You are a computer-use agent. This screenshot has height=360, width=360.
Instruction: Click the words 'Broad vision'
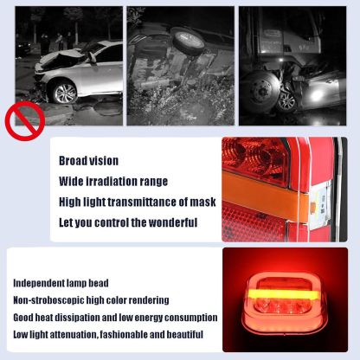pos(88,160)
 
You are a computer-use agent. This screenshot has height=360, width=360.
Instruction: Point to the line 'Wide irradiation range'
pos(112,181)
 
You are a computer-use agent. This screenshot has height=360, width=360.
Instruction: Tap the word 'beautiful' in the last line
pos(183,335)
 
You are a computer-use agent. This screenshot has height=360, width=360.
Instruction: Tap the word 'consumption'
pos(188,318)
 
